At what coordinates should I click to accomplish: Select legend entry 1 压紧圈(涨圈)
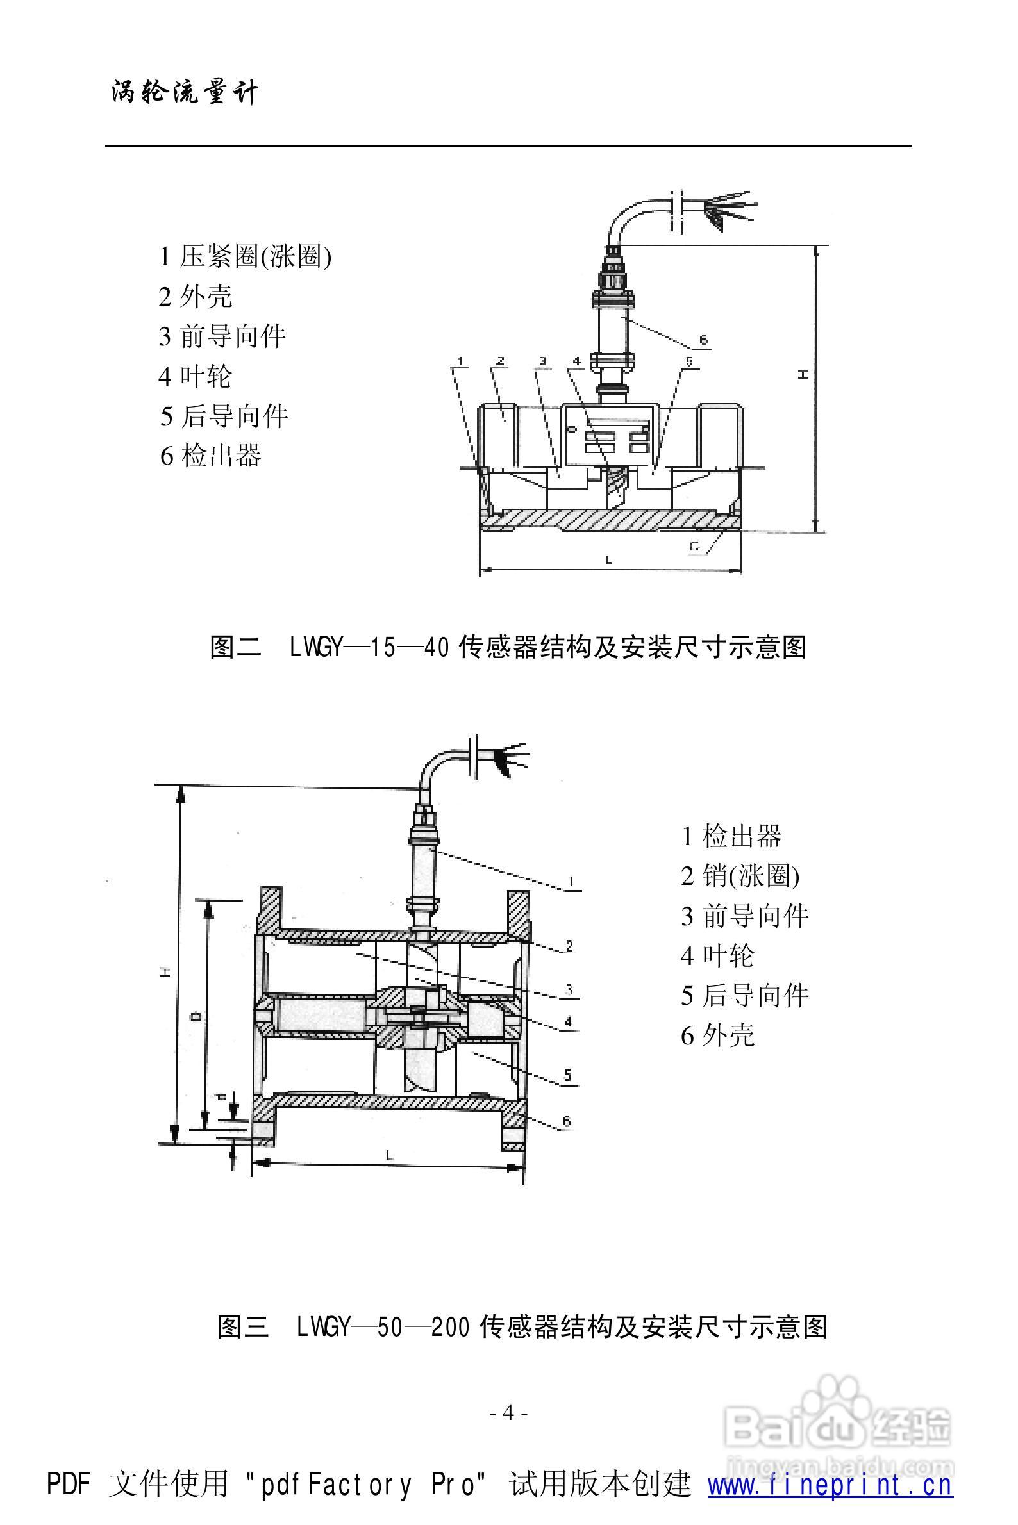pyautogui.click(x=246, y=256)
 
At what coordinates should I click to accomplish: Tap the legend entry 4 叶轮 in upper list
pyautogui.click(x=195, y=376)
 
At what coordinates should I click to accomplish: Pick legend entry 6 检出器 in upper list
pyautogui.click(x=210, y=456)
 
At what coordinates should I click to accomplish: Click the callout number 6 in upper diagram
pyautogui.click(x=703, y=340)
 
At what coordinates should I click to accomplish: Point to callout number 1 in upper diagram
pyautogui.click(x=460, y=360)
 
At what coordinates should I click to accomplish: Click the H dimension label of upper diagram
pyautogui.click(x=803, y=374)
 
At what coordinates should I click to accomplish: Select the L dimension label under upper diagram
pyautogui.click(x=608, y=559)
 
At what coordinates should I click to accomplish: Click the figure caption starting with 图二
pyautogui.click(x=508, y=647)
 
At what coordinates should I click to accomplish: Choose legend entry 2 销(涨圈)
pyautogui.click(x=740, y=876)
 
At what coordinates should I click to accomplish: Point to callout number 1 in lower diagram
pyautogui.click(x=571, y=881)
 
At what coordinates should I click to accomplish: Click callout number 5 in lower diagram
pyautogui.click(x=567, y=1075)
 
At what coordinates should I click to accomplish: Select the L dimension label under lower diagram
pyautogui.click(x=389, y=1155)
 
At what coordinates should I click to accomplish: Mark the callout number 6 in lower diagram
pyautogui.click(x=566, y=1121)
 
